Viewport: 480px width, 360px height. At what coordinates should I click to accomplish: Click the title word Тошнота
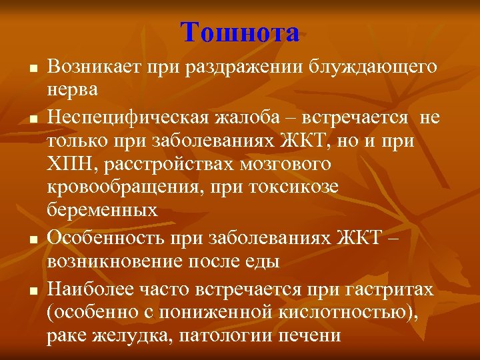(x=240, y=31)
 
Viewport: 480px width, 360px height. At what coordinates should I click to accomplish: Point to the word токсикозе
(x=292, y=187)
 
